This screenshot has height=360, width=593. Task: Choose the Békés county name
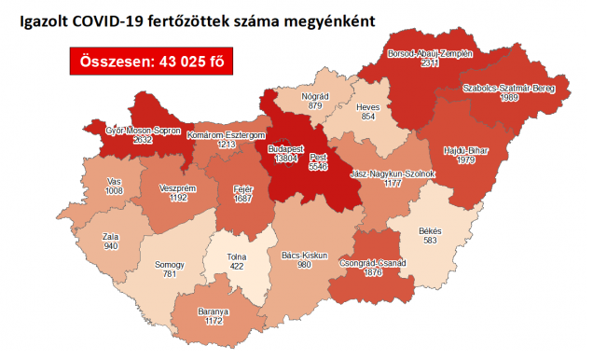(x=430, y=230)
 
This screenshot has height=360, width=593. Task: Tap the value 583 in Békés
(x=430, y=241)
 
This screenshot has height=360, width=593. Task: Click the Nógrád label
(x=314, y=96)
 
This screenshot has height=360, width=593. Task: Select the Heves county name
(x=369, y=107)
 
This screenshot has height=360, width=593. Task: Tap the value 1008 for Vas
(x=114, y=190)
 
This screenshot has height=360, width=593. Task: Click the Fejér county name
(x=242, y=187)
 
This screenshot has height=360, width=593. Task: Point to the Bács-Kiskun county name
(x=301, y=253)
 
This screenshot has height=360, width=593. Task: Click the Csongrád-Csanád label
(x=374, y=264)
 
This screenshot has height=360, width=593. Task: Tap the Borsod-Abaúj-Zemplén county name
(x=430, y=53)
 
